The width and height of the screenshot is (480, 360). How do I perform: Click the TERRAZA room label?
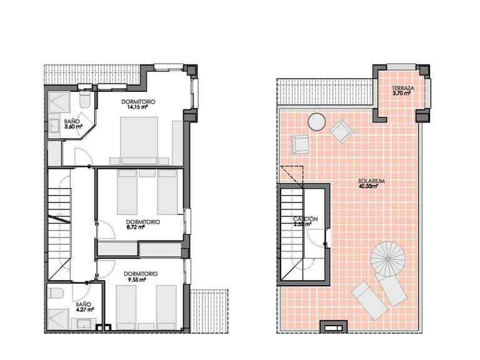(x=401, y=88)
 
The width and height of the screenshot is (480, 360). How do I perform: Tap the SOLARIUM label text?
(x=371, y=181)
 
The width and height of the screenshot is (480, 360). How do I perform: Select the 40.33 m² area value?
(x=371, y=186)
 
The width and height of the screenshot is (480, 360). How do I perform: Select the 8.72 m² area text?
(x=136, y=227)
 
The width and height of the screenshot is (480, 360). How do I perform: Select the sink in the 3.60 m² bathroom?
(x=54, y=126)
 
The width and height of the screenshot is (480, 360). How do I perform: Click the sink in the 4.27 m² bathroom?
(x=83, y=323)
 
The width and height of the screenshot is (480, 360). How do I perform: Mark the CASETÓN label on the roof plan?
(x=306, y=219)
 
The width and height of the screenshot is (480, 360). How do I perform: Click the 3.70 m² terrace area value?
(x=401, y=94)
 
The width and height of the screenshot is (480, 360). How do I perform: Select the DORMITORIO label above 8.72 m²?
(x=142, y=221)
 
